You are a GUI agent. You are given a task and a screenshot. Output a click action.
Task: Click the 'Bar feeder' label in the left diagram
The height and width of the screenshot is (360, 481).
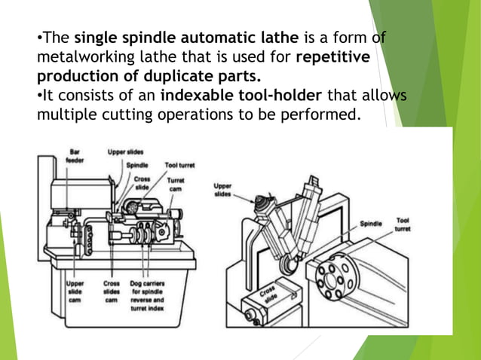coord(75,156)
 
